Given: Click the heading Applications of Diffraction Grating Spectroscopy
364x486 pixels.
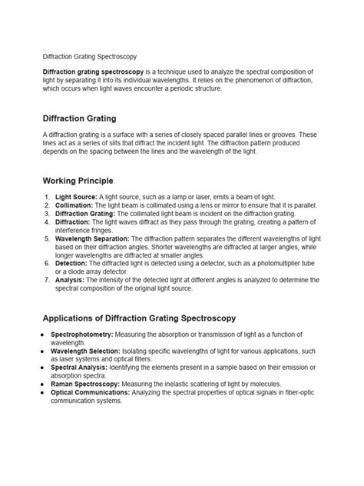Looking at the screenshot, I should [139, 318].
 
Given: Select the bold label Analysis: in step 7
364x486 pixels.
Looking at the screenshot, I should [70, 280].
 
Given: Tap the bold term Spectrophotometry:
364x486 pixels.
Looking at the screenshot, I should [82, 335].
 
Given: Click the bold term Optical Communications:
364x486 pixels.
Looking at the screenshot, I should [91, 392].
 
